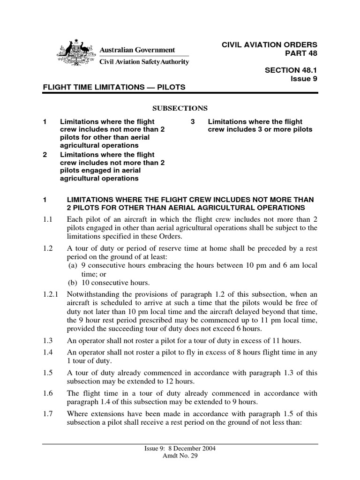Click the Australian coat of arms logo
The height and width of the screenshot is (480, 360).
click(75, 54)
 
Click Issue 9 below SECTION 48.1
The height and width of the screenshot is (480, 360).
click(304, 78)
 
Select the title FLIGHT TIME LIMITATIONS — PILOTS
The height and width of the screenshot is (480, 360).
click(114, 87)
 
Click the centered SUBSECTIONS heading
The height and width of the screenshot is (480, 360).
click(180, 108)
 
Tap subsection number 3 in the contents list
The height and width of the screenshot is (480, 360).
click(192, 121)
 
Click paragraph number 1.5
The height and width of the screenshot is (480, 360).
click(47, 373)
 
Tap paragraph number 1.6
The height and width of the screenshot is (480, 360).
click(47, 394)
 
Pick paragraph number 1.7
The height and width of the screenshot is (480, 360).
click(47, 414)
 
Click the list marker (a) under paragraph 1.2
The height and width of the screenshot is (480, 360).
click(73, 265)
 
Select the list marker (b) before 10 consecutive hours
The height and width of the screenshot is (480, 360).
click(73, 282)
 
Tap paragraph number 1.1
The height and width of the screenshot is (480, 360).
click(47, 219)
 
